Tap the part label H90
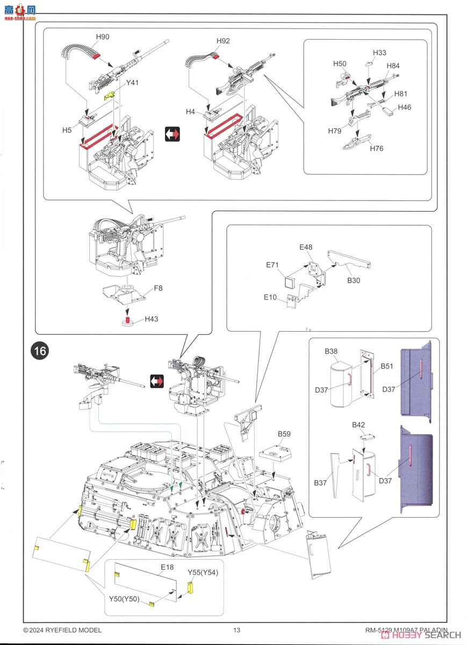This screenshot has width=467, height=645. pos(103,37)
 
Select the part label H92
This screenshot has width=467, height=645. pos(223,41)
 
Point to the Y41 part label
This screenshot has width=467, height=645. pos(132,83)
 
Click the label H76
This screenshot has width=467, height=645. pos(377,148)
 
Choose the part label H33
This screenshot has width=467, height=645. pos(380,53)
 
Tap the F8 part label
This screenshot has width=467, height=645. pos(158,288)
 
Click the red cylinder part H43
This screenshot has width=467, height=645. pos(128,321)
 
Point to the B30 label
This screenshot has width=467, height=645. pos(354,281)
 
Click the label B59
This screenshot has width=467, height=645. pos(284,434)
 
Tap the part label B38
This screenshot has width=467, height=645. pos(331,352)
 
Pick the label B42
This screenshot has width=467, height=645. pos(358,425)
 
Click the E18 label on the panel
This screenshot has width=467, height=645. pos(167,567)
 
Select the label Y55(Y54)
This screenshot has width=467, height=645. pos(203,572)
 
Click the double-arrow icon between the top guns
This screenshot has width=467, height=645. pos(173,134)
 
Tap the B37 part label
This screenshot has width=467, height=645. pos(321,483)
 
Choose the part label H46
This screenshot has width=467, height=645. pos(405,107)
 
